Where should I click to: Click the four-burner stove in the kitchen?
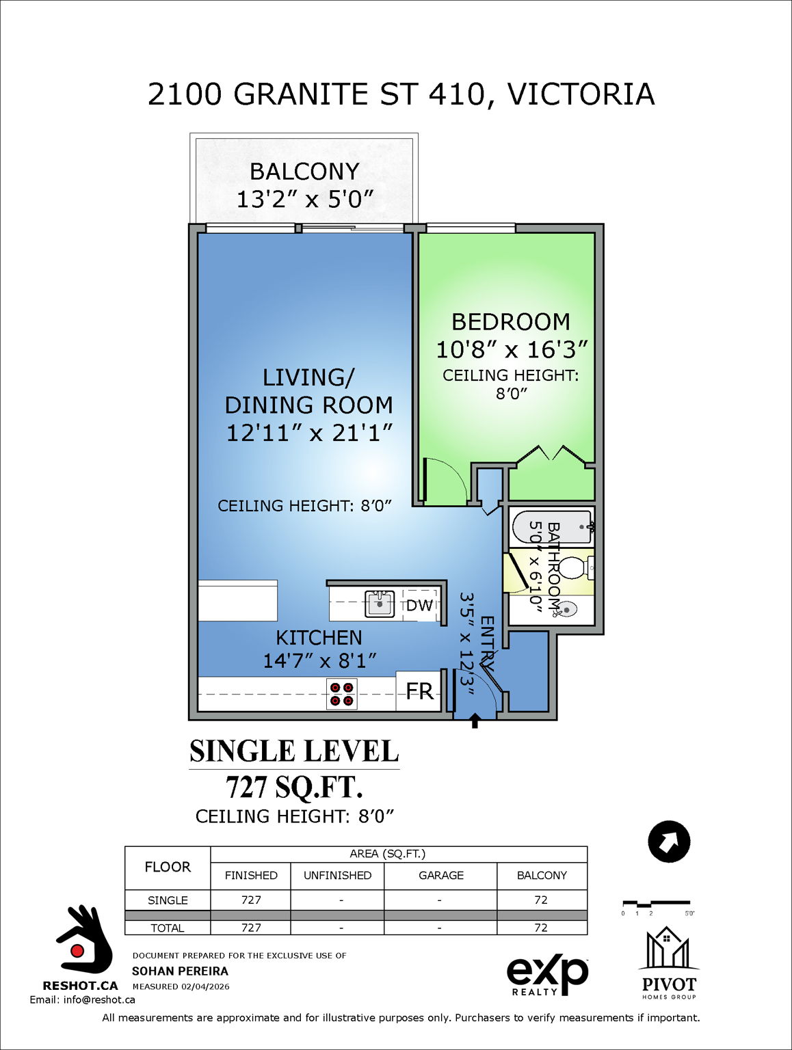pos(342,694)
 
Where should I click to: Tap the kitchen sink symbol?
pos(380,604)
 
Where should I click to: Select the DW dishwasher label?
pos(419,605)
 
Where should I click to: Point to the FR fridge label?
pos(419,692)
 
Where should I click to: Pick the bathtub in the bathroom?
pos(553,526)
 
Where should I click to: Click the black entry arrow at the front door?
pos(475,721)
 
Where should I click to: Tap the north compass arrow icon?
pos(669,842)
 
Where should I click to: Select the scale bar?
pos(656,905)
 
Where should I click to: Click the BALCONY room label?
pos(304,171)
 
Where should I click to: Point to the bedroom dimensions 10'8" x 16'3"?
pos(512,349)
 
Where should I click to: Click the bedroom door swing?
pos(445,482)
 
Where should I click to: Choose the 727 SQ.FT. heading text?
pos(294,787)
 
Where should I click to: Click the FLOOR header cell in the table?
pos(168,867)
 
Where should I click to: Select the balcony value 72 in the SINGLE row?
pos(541,900)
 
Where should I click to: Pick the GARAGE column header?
pos(440,875)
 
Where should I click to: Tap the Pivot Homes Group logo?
pos(668,964)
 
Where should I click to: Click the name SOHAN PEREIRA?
pos(180,971)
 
